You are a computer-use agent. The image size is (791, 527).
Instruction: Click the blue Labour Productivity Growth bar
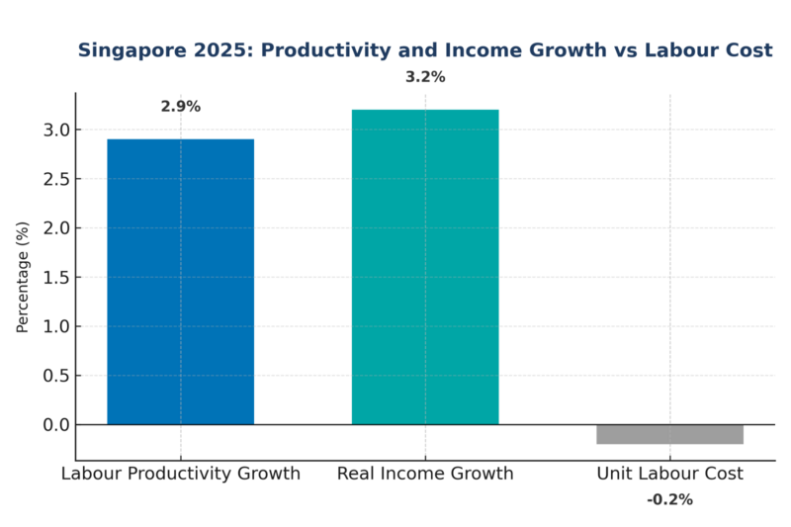tap(180, 282)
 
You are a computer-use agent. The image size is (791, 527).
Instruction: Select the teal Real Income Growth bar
tap(425, 267)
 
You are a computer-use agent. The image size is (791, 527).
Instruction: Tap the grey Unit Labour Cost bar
tap(669, 435)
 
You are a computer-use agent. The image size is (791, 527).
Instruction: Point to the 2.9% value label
tap(180, 107)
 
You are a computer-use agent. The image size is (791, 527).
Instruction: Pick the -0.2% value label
tap(669, 500)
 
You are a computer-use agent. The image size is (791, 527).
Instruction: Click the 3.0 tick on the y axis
tap(55, 130)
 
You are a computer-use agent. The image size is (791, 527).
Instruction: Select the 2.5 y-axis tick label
tap(55, 179)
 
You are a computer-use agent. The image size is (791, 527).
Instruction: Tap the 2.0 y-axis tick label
tap(55, 228)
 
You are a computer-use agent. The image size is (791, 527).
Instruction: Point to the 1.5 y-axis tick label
tap(55, 278)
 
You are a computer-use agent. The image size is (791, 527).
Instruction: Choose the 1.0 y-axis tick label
tap(55, 326)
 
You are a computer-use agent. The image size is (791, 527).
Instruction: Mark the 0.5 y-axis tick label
tap(55, 376)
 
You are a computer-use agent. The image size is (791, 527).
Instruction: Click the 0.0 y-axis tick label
tap(55, 425)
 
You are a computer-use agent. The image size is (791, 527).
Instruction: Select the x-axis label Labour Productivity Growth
tap(180, 474)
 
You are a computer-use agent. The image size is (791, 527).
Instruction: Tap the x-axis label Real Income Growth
tap(425, 474)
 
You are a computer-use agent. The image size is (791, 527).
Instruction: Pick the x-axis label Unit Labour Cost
tap(669, 474)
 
